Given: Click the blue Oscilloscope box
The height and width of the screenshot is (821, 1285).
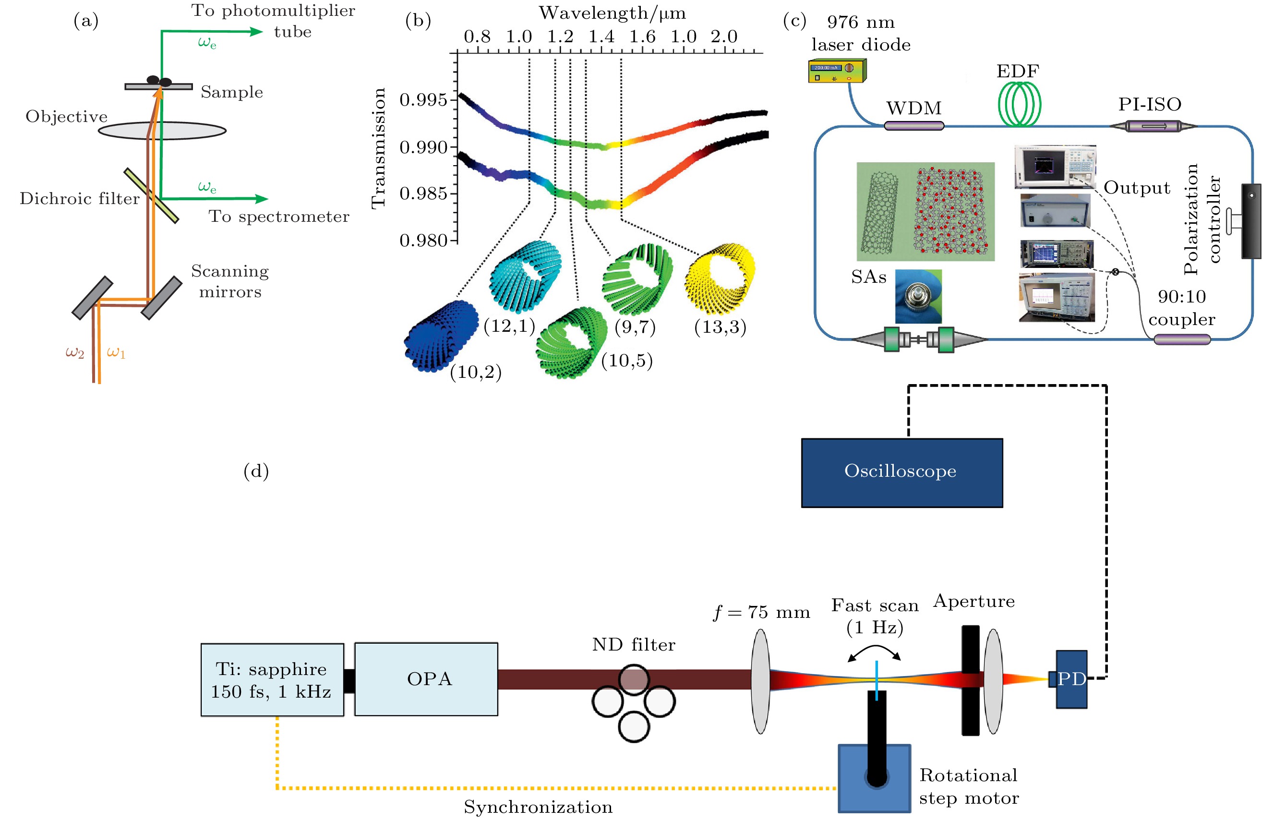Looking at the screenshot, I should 901,472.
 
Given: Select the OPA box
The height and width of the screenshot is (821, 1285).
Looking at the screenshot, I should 426,678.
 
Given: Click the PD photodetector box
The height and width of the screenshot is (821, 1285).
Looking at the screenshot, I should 1071,679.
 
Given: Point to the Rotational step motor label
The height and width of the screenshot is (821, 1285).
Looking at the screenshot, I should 969,786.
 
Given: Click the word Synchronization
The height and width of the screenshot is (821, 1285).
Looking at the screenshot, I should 538,807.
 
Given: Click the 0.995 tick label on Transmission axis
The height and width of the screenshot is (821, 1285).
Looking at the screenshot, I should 423,100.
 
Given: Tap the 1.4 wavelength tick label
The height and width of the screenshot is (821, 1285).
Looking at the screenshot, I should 601,36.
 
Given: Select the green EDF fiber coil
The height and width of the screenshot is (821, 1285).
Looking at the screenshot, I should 1019,104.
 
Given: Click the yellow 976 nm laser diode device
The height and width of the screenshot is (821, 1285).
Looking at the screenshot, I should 837,71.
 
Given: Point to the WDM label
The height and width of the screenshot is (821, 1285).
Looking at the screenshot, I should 913,108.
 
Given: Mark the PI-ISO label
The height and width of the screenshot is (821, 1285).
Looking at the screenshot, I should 1150,104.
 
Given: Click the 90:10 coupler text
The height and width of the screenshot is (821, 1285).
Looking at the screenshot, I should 1181,307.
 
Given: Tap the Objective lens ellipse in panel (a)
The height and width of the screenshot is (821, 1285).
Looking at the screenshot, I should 162,130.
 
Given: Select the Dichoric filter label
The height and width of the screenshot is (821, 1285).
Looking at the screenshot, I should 80,199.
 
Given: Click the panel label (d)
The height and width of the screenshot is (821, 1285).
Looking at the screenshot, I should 256,471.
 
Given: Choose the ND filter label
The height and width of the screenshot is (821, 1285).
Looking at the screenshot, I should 634,645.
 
